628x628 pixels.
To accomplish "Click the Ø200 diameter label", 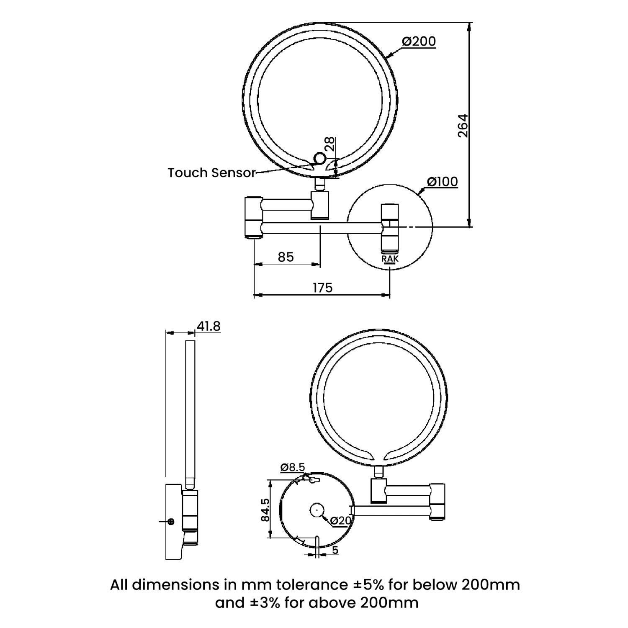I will click(419, 41).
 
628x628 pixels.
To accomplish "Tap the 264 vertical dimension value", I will click(463, 126).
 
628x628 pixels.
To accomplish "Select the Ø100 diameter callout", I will click(442, 182).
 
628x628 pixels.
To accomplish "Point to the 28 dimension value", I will click(330, 144).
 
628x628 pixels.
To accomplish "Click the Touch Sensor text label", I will click(211, 172).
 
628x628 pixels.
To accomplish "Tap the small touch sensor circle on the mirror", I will click(319, 159).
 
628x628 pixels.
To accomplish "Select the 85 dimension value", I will click(286, 257).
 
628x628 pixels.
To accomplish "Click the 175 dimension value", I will click(322, 288).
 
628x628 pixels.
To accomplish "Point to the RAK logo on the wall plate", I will click(390, 259).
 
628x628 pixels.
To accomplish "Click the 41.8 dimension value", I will click(208, 326).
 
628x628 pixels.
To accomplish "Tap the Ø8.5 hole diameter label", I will click(293, 467).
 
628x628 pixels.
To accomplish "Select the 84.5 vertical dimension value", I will click(265, 510).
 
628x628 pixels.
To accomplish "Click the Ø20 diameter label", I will click(340, 520).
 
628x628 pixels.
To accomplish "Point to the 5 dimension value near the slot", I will click(335, 550).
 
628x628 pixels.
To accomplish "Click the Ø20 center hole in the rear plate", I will click(317, 510).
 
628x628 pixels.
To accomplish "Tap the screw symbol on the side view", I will click(170, 521).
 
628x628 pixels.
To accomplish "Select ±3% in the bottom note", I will click(265, 602).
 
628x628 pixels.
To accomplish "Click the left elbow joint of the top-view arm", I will click(253, 217).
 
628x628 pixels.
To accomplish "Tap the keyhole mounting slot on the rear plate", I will click(313, 480).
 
